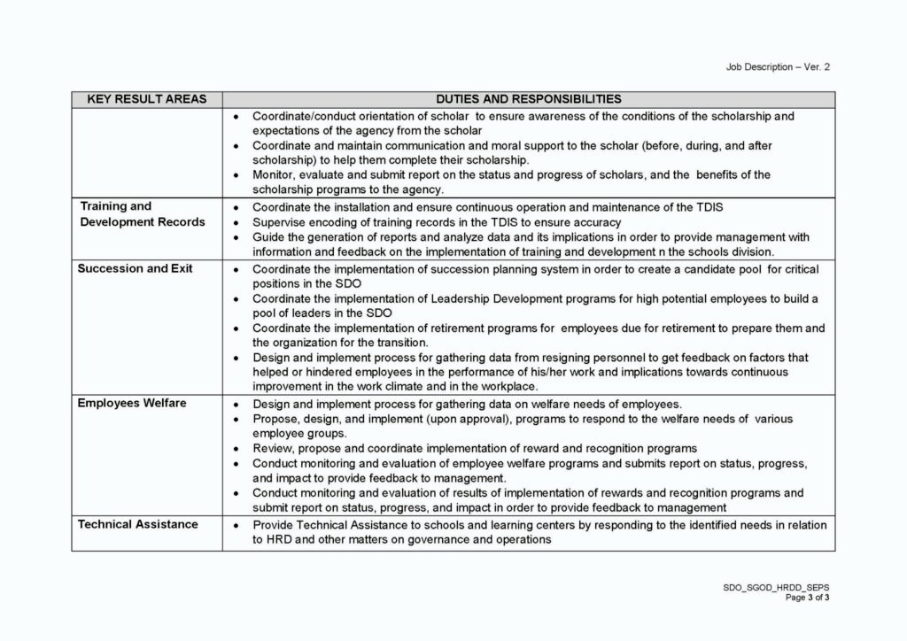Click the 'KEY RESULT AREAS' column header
[147, 99]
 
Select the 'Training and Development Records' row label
[142, 214]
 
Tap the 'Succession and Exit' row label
[135, 268]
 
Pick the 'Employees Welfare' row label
[132, 403]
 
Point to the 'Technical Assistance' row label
[137, 524]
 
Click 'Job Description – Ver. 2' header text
[778, 66]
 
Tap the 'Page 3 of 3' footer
[807, 598]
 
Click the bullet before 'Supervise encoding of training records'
[236, 222]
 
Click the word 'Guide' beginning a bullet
[268, 237]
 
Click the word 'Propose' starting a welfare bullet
[275, 419]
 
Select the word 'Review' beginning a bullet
[272, 448]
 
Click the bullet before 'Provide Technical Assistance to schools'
[236, 525]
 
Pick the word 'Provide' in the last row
[274, 525]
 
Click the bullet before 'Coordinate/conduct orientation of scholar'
[236, 116]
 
